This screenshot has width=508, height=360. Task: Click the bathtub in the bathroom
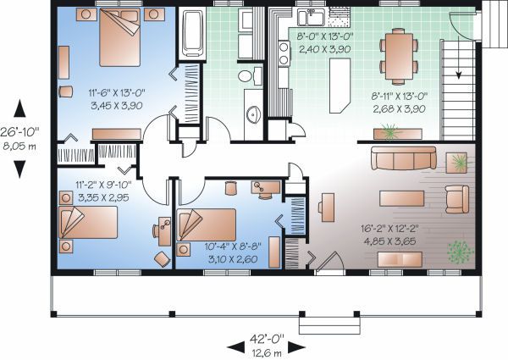coord(193,33)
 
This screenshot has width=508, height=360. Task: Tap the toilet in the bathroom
coord(250,76)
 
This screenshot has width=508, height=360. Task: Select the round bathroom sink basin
coord(254,114)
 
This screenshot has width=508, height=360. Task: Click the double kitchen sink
coord(311,17)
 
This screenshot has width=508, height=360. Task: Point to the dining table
coord(399,57)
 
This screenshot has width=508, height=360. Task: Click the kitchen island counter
coord(340,86)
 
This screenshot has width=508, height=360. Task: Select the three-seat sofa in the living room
coord(404,158)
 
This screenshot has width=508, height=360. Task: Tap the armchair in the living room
coord(457,199)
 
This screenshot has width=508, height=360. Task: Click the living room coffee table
coord(401,198)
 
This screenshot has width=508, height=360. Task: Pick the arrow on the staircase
coord(458,58)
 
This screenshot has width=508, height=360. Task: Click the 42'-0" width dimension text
coord(267,339)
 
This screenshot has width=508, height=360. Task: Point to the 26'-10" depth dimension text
coord(19,131)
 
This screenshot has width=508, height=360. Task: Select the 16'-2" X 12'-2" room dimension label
coord(389,229)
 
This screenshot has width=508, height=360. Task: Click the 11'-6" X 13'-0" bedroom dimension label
coord(117,93)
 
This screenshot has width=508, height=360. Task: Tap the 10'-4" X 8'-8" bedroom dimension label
coord(233,246)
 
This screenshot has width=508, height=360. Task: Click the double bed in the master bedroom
coord(120,37)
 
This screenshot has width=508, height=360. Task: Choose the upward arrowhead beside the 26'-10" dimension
coord(19,108)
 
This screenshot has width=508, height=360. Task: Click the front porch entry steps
coord(329,325)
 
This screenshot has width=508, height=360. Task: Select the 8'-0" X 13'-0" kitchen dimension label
coord(325,36)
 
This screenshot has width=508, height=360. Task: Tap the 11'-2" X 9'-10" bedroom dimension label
coord(103,185)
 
